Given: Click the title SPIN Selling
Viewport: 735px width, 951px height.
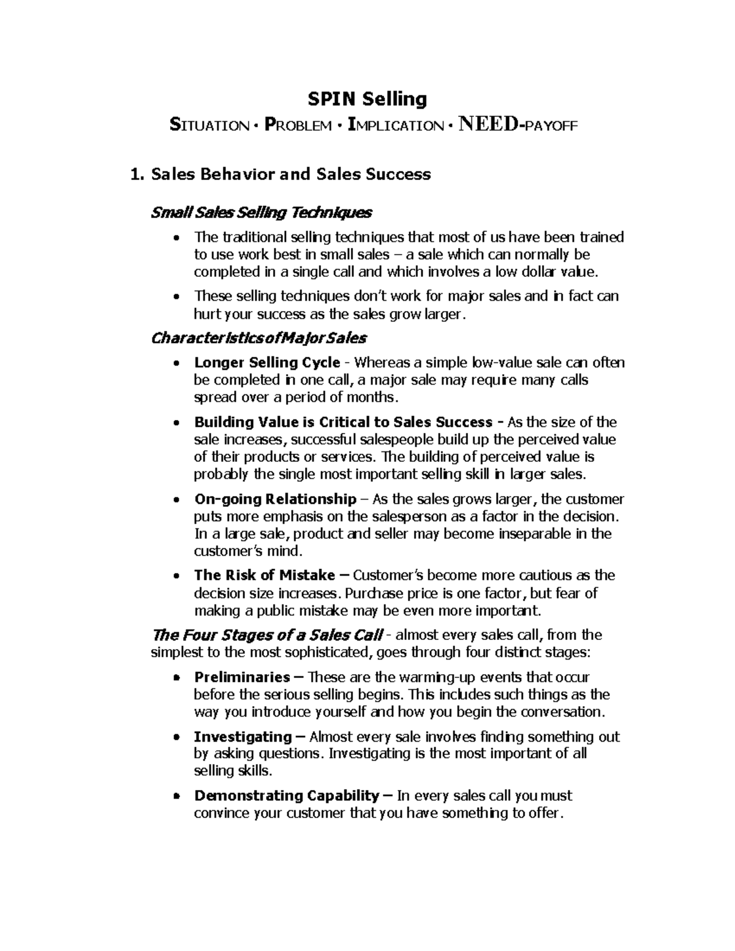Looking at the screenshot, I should coord(367,99).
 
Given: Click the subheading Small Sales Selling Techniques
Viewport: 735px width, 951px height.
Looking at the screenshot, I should coord(261,212).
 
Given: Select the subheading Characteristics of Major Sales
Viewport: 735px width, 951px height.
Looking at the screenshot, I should coord(258,338).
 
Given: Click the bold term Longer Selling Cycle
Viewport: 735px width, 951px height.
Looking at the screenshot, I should coord(266,363).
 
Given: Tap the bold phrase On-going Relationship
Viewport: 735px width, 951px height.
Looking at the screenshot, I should coord(275,498).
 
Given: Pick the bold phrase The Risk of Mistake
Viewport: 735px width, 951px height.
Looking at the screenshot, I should coord(265,575).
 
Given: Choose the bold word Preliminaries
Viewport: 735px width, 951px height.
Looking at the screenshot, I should coord(242,677).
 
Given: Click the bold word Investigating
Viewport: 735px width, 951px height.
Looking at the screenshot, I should coord(243,736).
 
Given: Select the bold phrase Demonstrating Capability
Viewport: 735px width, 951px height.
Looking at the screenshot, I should coord(287,795).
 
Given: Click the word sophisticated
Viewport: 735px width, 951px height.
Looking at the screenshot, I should coord(318,652).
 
